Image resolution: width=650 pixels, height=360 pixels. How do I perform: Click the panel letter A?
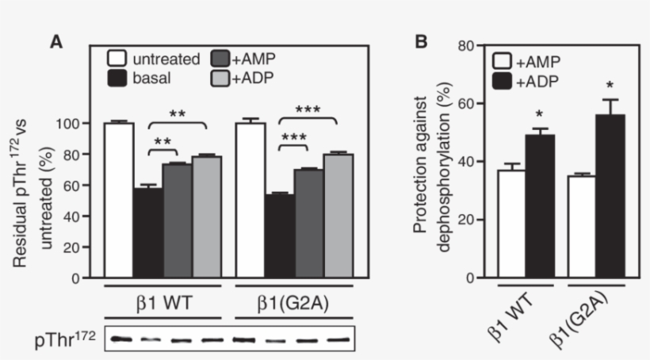pyautogui.click(x=57, y=42)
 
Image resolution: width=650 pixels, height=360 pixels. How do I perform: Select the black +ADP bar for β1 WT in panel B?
pyautogui.click(x=538, y=206)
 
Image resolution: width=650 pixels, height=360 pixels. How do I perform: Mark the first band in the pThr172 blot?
pyautogui.click(x=119, y=339)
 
